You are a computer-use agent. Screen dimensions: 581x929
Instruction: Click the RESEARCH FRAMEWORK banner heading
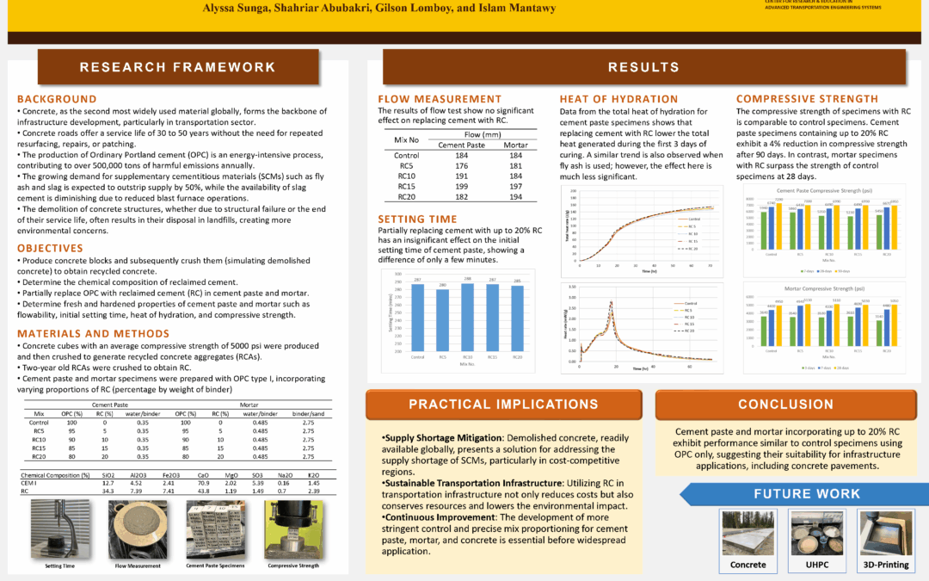tap(178, 67)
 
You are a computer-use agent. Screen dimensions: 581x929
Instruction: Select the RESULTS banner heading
tap(643, 67)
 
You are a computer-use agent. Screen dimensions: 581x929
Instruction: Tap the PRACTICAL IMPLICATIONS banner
tap(503, 405)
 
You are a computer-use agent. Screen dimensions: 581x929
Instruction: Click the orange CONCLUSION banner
tap(785, 405)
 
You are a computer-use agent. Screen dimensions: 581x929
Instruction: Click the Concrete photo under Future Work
tap(748, 535)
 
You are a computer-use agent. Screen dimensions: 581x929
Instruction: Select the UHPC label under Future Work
tap(816, 565)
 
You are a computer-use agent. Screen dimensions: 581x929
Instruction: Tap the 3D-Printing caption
tap(885, 565)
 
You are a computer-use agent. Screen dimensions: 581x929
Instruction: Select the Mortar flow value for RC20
tap(516, 197)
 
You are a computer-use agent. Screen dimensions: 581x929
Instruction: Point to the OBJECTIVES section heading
tap(50, 248)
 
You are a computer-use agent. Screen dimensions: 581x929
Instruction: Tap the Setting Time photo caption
tap(61, 566)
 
